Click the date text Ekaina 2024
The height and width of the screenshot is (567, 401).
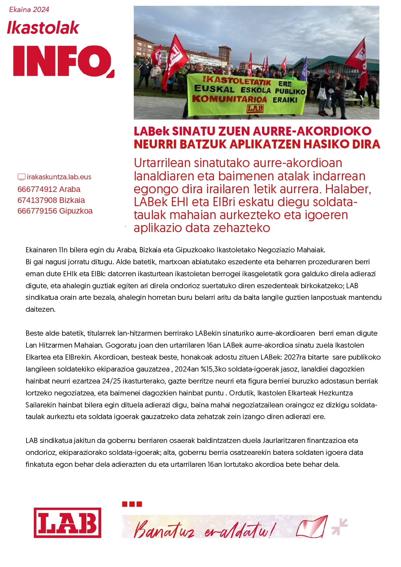click(x=29, y=10)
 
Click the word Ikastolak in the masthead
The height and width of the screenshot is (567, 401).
click(x=43, y=28)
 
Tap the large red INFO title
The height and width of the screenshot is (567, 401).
click(x=63, y=61)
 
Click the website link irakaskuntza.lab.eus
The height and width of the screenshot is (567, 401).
click(x=59, y=177)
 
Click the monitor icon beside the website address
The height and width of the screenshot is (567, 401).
click(x=21, y=177)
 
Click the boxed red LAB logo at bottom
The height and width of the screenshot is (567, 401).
click(x=68, y=522)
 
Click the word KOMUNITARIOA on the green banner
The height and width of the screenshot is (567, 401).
click(x=229, y=99)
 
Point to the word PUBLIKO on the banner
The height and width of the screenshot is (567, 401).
click(x=290, y=91)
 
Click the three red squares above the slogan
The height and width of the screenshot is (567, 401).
click(x=132, y=504)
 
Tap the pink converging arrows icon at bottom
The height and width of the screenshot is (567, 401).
click(x=340, y=527)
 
